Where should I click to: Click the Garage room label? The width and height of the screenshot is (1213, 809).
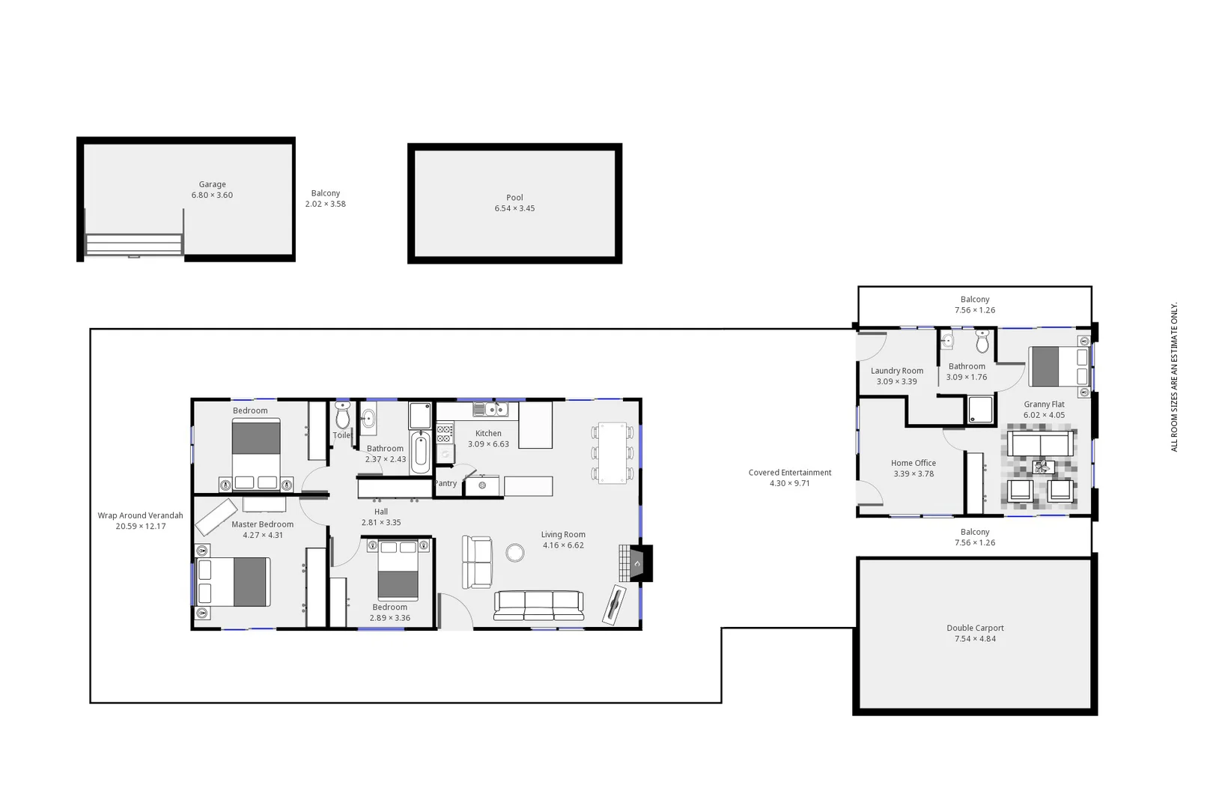coord(212,184)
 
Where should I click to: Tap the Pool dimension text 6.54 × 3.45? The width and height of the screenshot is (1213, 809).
coord(514,209)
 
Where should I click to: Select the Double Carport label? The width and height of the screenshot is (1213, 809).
coord(975,628)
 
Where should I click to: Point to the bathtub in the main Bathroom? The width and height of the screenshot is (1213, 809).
coord(420,452)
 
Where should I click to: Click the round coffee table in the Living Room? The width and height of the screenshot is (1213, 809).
coord(514,553)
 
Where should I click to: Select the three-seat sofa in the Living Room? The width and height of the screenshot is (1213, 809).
coord(538,605)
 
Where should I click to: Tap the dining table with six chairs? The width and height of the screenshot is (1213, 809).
coord(612,452)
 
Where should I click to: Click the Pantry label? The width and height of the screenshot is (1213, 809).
coord(446,484)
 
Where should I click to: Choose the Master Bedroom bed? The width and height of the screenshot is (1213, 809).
coord(234,582)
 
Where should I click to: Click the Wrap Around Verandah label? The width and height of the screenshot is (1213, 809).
coord(140,516)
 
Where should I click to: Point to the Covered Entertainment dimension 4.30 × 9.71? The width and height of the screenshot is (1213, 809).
coord(789,484)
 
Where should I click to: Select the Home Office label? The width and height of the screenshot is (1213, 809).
coord(913,464)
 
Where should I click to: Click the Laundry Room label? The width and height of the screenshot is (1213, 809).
coord(896,372)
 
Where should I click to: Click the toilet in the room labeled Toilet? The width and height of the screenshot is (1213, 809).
coord(343,414)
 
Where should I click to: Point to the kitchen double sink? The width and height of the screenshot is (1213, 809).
coord(490,410)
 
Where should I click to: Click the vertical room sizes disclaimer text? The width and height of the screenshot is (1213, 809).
coord(1174,377)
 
